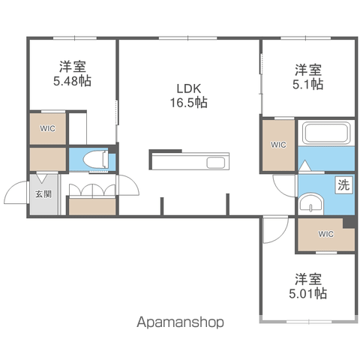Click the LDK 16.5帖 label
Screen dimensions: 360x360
pyautogui.click(x=189, y=95)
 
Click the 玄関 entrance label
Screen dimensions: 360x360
pyautogui.click(x=43, y=194)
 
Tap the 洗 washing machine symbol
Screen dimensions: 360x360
pyautogui.click(x=343, y=185)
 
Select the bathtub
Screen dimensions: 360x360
pyautogui.click(x=326, y=133)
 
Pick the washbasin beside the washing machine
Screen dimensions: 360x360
pyautogui.click(x=311, y=204)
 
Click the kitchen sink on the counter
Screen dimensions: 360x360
pyautogui.click(x=215, y=163)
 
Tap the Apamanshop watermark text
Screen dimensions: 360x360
pyautogui.click(x=180, y=322)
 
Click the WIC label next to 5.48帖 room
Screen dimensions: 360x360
pyautogui.click(x=47, y=128)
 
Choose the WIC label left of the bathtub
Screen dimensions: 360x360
pyautogui.click(x=278, y=145)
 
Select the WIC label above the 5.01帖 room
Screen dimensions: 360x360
pyautogui.click(x=326, y=234)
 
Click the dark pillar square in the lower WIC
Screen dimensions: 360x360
pyautogui.click(x=349, y=223)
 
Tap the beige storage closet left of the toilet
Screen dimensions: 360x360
pyautogui.click(x=48, y=159)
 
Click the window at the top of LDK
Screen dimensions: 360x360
pyautogui.click(x=187, y=38)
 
